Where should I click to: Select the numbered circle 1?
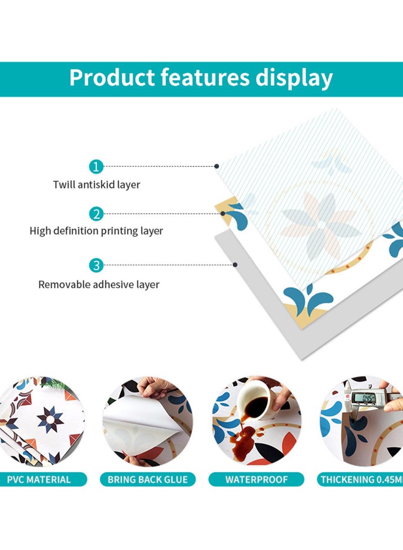96,167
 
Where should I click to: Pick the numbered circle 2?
96,214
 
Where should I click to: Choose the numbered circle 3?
96,265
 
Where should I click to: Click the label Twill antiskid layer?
96,185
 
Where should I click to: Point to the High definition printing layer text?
96,231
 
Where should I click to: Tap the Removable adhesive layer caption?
99,284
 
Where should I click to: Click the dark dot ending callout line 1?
217,166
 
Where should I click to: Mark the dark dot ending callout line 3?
235,265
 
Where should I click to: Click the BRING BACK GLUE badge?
148,479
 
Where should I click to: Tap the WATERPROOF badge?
256,479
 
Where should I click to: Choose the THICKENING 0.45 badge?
360,479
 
